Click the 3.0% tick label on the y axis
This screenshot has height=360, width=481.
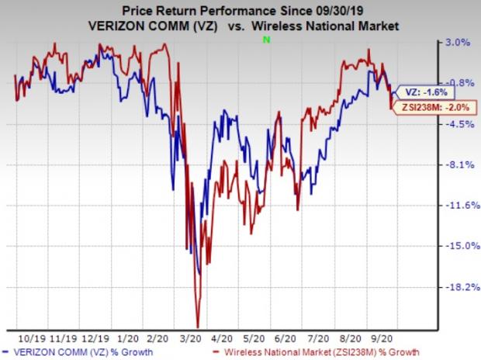point(458,42)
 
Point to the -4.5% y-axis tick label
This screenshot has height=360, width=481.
point(459,124)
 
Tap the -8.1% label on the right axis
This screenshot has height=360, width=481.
point(459,164)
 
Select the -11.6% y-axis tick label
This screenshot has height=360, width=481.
point(462,205)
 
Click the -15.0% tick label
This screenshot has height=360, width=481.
point(462,245)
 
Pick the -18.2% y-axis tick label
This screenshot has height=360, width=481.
point(462,287)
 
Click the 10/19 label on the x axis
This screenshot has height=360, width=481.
point(32,339)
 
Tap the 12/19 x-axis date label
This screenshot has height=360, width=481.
point(95,339)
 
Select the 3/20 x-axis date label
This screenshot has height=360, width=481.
point(191,339)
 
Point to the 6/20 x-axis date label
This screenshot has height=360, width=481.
point(285,339)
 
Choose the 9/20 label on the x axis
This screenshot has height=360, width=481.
point(382,339)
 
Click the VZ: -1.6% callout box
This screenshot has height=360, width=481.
point(425,92)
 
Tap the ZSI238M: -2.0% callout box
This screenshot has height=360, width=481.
point(435,107)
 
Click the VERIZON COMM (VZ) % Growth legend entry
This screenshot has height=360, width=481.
point(78,352)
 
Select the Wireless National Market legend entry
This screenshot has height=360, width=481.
point(317,352)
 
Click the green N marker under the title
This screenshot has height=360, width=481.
point(266,40)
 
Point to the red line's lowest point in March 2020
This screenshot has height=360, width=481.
point(198,327)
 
